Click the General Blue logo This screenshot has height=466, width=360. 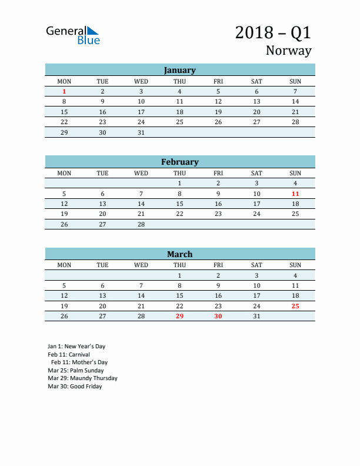pyautogui.click(x=73, y=35)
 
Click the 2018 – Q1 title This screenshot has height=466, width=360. pyautogui.click(x=273, y=32)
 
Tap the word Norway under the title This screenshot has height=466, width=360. pyautogui.click(x=288, y=51)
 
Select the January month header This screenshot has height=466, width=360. pyautogui.click(x=179, y=70)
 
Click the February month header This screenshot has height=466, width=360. pyautogui.click(x=179, y=162)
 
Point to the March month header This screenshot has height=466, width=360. pyautogui.click(x=179, y=254)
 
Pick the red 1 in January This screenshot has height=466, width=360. pyautogui.click(x=64, y=92)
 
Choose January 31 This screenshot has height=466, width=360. pyautogui.click(x=141, y=132)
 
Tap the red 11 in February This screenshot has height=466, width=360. pyautogui.click(x=295, y=194)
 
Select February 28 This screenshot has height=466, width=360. pyautogui.click(x=141, y=224)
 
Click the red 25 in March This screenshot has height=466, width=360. pyautogui.click(x=295, y=306)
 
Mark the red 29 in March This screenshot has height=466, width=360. pyautogui.click(x=179, y=317)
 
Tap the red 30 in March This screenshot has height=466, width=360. pyautogui.click(x=218, y=317)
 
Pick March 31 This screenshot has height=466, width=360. pyautogui.click(x=256, y=317)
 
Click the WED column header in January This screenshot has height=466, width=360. pyautogui.click(x=141, y=81)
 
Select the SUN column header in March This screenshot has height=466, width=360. pyautogui.click(x=295, y=265)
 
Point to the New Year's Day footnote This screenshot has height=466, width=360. pyautogui.click(x=76, y=347)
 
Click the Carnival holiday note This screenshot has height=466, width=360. pyautogui.click(x=69, y=355)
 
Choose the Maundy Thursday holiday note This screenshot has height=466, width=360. pyautogui.click(x=82, y=378)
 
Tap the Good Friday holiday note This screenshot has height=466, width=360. pyautogui.click(x=75, y=387)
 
